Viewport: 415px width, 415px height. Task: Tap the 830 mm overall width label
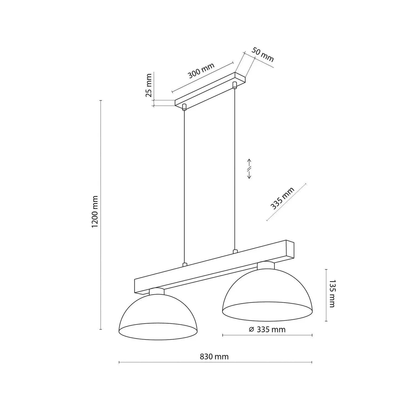214,357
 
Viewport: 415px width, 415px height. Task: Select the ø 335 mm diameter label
267,330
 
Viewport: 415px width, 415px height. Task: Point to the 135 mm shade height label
331,294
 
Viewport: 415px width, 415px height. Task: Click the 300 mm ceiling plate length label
201,71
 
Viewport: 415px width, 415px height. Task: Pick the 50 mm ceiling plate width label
263,55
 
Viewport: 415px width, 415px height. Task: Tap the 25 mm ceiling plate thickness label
149,85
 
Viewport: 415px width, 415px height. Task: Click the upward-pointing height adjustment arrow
249,163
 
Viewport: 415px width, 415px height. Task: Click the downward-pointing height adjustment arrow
249,174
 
